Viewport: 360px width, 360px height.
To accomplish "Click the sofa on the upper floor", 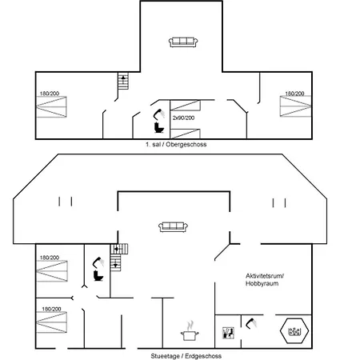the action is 183,42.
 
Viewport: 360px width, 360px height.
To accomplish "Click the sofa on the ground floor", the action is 173,227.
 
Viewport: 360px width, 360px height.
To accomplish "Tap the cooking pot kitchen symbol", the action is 190,331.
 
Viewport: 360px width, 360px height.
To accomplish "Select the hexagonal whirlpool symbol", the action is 294,331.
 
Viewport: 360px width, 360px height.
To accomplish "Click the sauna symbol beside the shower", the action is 229,333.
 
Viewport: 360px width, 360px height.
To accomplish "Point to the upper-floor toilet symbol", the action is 159,127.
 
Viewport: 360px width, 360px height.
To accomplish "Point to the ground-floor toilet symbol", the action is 98,275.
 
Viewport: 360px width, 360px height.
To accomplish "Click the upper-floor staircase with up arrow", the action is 123,81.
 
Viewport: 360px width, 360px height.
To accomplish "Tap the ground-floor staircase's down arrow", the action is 115,266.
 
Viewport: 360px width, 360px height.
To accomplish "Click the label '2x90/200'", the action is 183,118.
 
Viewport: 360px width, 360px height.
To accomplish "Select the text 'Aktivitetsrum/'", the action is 265,276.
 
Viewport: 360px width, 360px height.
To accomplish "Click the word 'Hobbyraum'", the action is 262,283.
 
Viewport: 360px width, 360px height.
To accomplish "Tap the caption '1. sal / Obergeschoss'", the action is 176,145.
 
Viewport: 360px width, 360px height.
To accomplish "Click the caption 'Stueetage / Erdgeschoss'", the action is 186,356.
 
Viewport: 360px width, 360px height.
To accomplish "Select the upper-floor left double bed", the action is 51,106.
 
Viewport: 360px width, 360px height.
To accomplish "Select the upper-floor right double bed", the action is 295,106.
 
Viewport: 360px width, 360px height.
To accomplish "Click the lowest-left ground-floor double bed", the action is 51,322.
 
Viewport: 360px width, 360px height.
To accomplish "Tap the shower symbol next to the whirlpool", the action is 251,323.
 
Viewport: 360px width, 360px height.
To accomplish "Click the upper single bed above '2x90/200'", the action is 185,106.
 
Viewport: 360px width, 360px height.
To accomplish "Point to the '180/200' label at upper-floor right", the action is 294,94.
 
